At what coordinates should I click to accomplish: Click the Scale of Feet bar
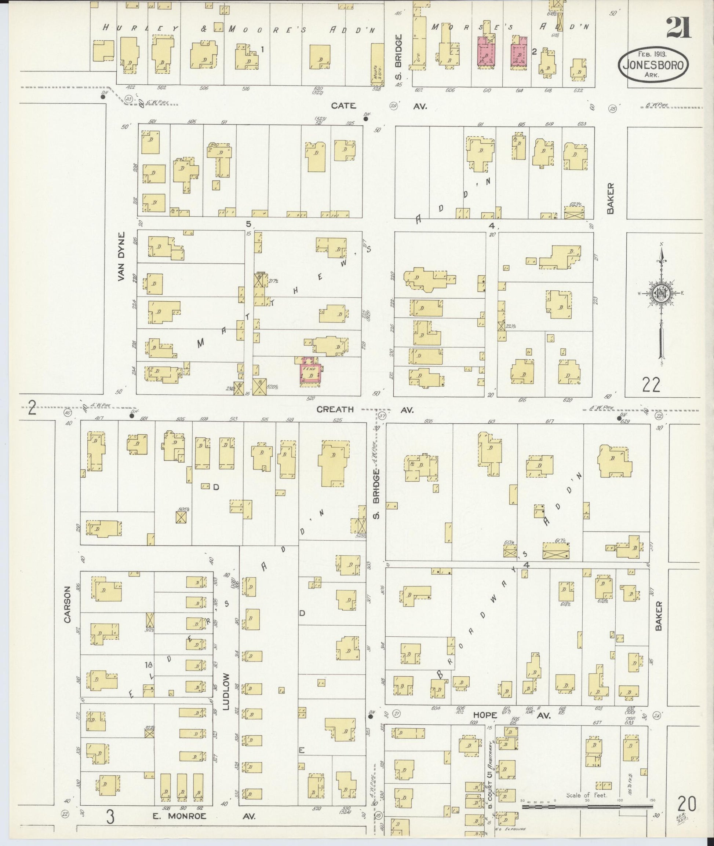pyautogui.click(x=587, y=806)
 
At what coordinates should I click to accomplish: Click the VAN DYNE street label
pyautogui.click(x=121, y=256)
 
